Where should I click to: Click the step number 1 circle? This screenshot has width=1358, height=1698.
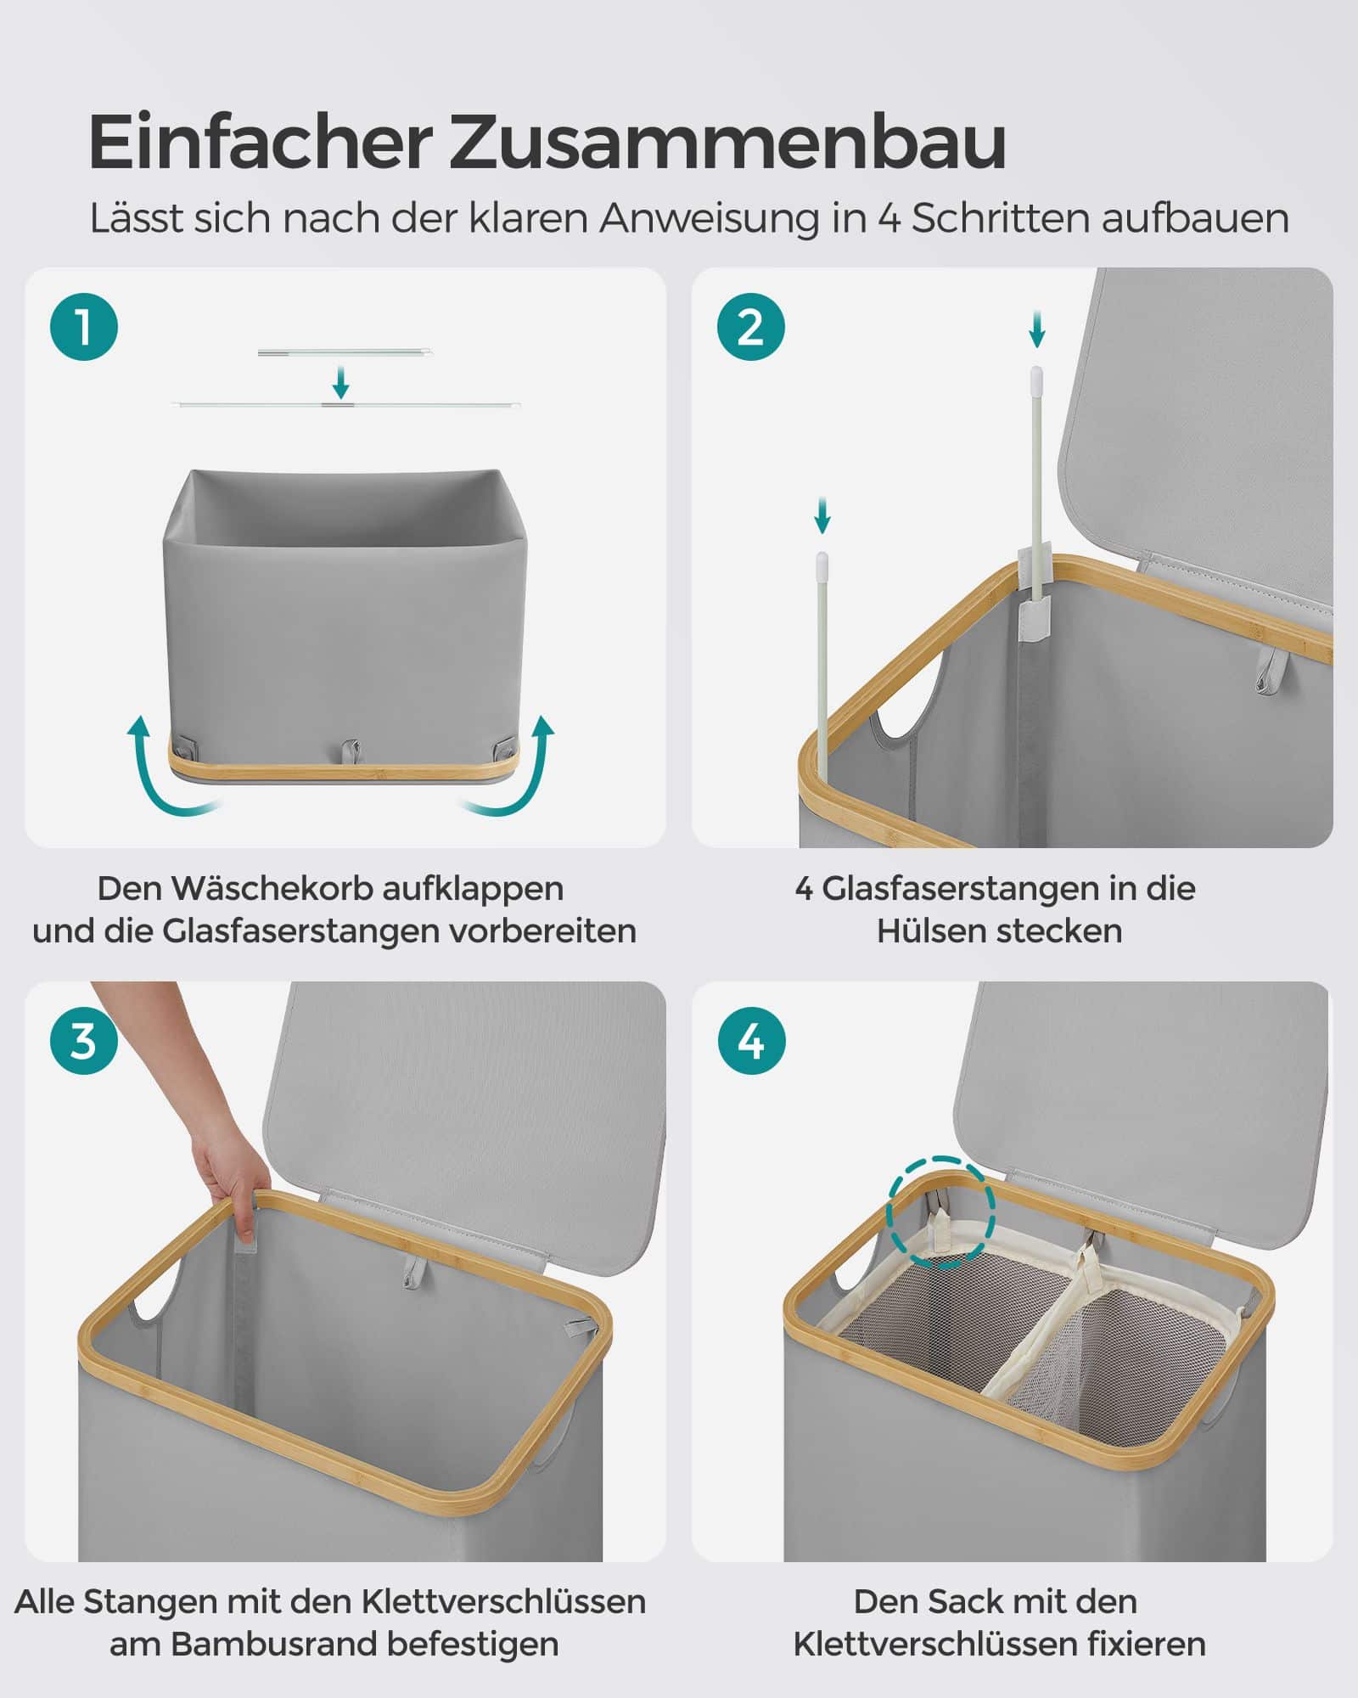tap(84, 327)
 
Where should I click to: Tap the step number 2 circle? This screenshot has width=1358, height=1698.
tap(751, 327)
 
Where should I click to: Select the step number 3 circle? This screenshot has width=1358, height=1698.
tap(84, 1040)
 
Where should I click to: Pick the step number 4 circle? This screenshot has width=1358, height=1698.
tap(751, 1040)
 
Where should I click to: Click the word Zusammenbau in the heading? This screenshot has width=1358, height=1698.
tap(727, 142)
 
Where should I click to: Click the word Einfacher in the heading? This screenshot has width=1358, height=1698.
tap(260, 142)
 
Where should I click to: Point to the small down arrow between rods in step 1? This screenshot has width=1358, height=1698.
tap(340, 382)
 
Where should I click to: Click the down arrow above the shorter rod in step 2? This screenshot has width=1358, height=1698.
tap(821, 515)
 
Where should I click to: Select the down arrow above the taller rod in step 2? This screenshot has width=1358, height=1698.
tap(1036, 329)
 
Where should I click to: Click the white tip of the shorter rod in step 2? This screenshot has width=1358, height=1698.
tap(822, 560)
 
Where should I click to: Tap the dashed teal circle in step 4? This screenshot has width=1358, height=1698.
tap(940, 1212)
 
